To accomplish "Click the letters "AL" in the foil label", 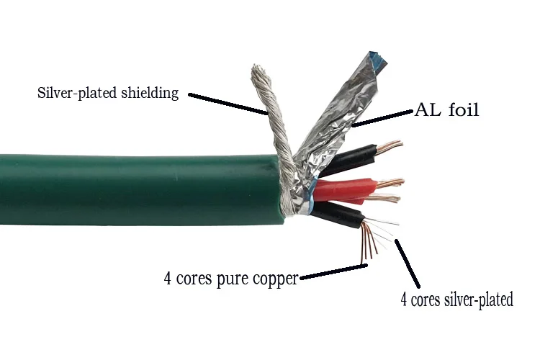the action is [x=427, y=110].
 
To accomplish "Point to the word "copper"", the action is [x=275, y=279].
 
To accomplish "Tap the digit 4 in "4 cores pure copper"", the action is [x=167, y=278].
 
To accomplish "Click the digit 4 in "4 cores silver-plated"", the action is [x=404, y=300].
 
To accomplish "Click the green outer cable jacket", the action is [x=138, y=190].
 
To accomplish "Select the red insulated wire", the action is [x=344, y=190].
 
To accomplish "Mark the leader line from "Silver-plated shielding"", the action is [x=228, y=104].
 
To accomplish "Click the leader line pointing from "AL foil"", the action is [x=382, y=118].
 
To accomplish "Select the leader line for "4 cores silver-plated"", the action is [x=408, y=264].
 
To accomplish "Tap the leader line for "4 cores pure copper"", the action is [x=333, y=271].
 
